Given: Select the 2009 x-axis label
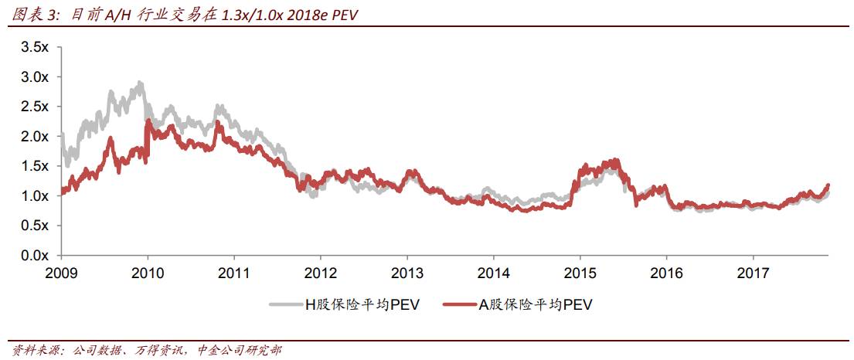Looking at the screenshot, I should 61,273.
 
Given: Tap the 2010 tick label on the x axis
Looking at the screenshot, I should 148,273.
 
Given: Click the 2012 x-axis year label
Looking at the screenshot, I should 321,273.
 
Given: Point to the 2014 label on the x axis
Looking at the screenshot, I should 494,273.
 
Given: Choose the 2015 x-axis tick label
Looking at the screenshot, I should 580,273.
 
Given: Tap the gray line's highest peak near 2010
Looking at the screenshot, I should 138,82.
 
